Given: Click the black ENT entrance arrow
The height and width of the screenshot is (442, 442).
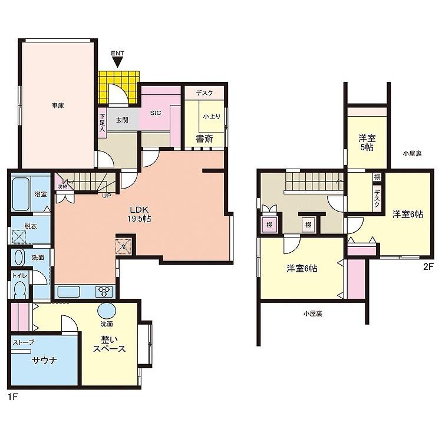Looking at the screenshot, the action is (x=117, y=62).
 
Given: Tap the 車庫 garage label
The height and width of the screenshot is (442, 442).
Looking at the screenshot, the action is (x=58, y=105).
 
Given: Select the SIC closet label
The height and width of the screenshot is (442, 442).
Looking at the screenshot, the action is (x=156, y=113).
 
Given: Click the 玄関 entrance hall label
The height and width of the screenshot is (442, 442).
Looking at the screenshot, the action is (x=122, y=120).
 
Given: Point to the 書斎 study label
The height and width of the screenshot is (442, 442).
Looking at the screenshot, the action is (x=204, y=138).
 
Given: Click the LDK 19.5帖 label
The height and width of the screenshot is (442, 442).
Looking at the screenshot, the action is (x=139, y=214).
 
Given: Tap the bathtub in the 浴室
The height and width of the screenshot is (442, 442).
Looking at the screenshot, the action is (x=21, y=194).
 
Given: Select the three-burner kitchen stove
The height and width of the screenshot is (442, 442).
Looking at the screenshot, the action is (x=104, y=291).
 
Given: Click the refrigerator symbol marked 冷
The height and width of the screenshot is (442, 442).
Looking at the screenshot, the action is (x=124, y=246).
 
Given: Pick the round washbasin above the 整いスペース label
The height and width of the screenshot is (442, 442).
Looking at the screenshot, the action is (x=107, y=311).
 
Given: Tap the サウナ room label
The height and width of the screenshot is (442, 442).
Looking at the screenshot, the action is (x=45, y=361).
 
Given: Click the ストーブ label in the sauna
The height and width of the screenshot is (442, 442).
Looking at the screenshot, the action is (x=24, y=342).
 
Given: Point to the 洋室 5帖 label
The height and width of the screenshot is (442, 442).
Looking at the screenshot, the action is (x=367, y=143).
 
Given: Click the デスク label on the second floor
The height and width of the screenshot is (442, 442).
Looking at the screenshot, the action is (x=377, y=199).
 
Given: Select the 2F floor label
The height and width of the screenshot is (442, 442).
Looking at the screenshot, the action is (x=428, y=266).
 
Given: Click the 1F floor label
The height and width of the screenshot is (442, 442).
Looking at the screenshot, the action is (x=13, y=397).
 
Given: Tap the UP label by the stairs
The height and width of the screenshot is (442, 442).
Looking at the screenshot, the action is (x=107, y=195).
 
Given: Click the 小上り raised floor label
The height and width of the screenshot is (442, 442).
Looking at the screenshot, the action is (x=212, y=116).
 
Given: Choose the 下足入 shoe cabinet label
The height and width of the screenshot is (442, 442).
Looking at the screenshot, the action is (x=102, y=123).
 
